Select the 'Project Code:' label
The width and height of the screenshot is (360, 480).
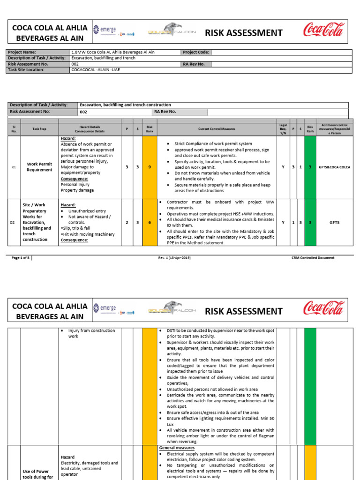(195, 52)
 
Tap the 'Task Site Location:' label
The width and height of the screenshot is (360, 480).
(26, 70)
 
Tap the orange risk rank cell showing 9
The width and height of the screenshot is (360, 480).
(150, 167)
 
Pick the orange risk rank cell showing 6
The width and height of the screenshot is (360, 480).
(150, 222)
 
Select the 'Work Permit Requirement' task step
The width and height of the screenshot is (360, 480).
(39, 167)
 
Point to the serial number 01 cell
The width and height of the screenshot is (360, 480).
(14, 167)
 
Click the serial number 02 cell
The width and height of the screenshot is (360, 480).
(14, 222)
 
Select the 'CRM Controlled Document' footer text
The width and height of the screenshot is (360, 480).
(313, 258)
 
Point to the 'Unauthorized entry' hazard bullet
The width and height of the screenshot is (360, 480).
(87, 211)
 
